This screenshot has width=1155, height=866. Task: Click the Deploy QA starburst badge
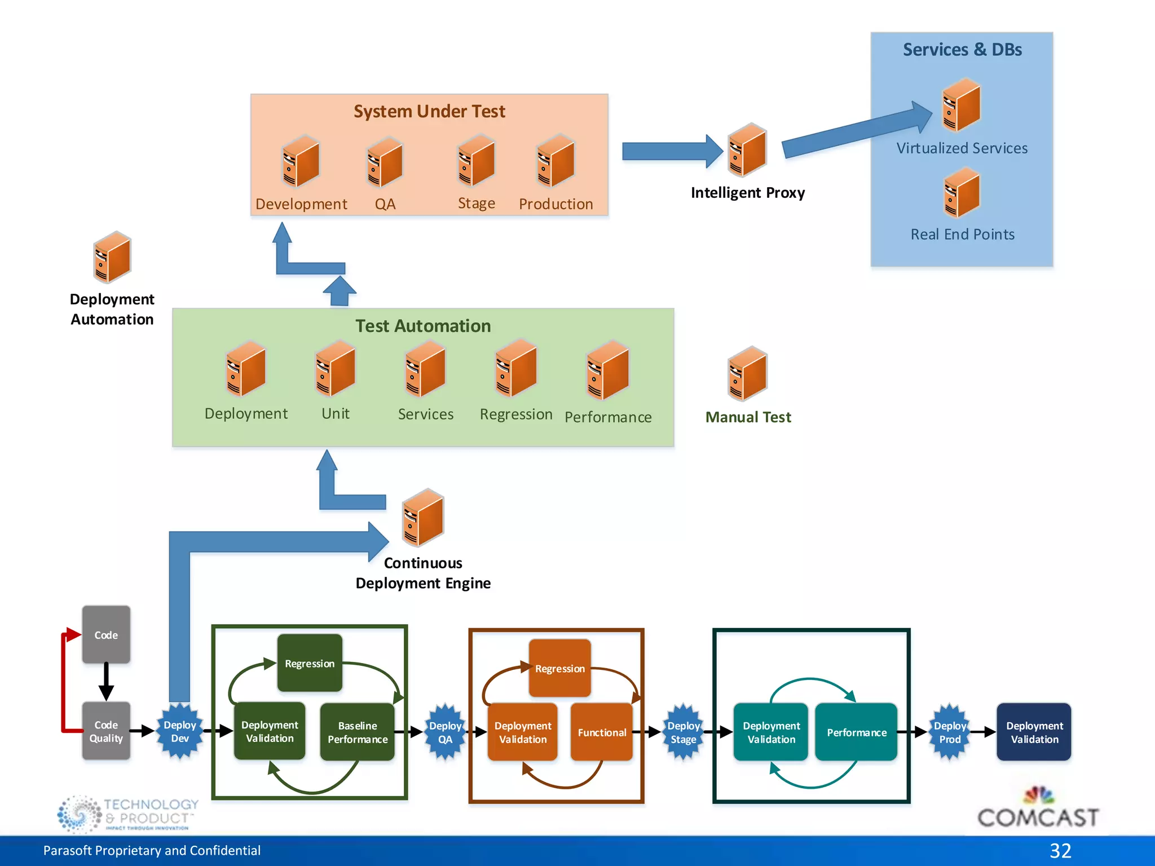(445, 732)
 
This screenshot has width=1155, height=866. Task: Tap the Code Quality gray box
(106, 731)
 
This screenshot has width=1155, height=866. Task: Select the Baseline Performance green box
(358, 732)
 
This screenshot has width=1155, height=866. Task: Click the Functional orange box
(602, 732)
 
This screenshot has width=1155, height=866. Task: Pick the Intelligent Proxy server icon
(747, 151)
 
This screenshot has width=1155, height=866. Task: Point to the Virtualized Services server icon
(961, 106)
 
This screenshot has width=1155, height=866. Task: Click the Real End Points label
(962, 234)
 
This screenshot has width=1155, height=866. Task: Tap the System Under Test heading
(429, 111)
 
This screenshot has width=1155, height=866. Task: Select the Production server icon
(556, 161)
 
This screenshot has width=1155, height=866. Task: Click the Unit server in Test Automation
(335, 369)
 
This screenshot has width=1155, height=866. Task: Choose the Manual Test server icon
(747, 374)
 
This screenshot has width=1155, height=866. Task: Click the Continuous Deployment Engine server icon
(423, 518)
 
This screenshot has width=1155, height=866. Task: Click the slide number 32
(1060, 850)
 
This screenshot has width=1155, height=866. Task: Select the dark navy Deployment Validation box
(1034, 732)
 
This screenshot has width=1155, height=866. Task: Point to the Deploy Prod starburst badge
(950, 732)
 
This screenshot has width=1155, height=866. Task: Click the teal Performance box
(856, 732)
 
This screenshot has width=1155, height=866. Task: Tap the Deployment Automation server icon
(112, 258)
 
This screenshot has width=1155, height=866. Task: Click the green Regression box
(310, 663)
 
